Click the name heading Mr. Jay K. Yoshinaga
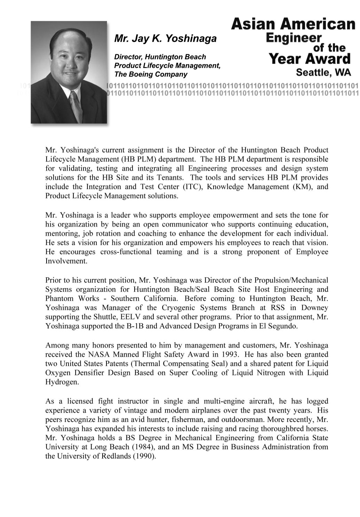(165, 38)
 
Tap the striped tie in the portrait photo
(75, 106)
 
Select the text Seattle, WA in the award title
(323, 72)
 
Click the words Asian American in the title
(293, 24)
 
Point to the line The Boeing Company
(151, 74)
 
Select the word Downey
(314, 308)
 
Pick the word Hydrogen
(61, 382)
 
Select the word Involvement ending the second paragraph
(66, 261)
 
